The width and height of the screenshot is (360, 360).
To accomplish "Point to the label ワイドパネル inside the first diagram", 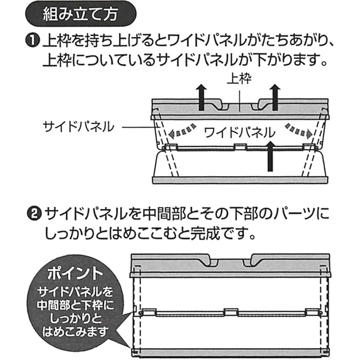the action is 239,133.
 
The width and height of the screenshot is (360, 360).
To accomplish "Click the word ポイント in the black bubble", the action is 75,274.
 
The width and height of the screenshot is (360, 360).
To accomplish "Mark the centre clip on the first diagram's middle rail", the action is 238,147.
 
